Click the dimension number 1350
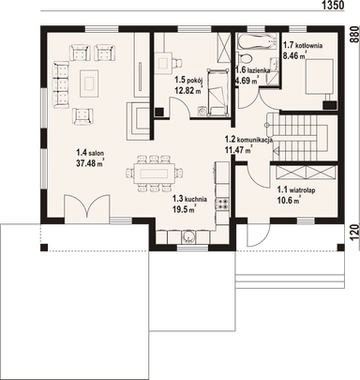point(333,5)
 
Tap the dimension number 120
point(353,233)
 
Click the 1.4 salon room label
point(90,153)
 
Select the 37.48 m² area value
point(90,162)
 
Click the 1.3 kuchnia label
point(189,199)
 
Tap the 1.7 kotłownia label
point(303,45)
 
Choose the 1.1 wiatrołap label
point(296,190)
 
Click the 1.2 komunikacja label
point(249,139)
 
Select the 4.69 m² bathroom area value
point(247,81)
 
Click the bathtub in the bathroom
point(257,42)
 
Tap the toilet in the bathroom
point(245,58)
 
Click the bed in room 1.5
point(217,92)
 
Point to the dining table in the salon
point(154,173)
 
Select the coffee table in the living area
point(89,84)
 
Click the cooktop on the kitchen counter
point(222,204)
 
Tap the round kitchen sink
point(189,236)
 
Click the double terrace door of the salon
point(87,205)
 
